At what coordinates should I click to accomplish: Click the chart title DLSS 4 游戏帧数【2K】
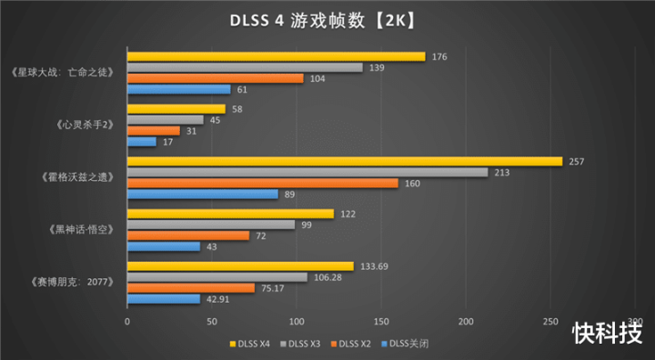(x=322, y=21)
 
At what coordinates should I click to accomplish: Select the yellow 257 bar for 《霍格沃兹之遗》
(x=345, y=162)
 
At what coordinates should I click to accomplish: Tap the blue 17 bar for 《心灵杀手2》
(x=142, y=142)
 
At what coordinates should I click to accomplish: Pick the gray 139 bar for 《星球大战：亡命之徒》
(x=246, y=67)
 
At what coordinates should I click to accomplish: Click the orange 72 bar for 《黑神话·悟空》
(x=188, y=236)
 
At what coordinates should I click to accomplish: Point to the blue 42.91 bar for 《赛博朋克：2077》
(x=164, y=299)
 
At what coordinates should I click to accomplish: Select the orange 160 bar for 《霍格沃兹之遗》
(x=263, y=184)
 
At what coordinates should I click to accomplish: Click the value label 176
(x=439, y=56)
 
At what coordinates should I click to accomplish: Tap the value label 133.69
(x=374, y=266)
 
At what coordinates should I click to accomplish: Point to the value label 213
(x=501, y=173)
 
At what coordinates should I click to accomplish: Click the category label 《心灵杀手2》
(x=85, y=125)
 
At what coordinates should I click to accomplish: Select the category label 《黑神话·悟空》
(x=81, y=230)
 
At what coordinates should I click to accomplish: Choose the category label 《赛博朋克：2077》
(x=72, y=282)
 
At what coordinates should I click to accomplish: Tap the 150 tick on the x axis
(x=381, y=321)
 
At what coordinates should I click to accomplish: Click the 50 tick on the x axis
(x=212, y=321)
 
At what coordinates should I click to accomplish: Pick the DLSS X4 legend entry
(x=250, y=345)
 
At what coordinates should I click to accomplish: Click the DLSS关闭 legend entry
(x=405, y=345)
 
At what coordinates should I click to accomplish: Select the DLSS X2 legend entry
(x=351, y=345)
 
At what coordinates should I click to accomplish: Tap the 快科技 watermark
(x=608, y=333)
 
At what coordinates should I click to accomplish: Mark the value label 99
(x=307, y=225)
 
